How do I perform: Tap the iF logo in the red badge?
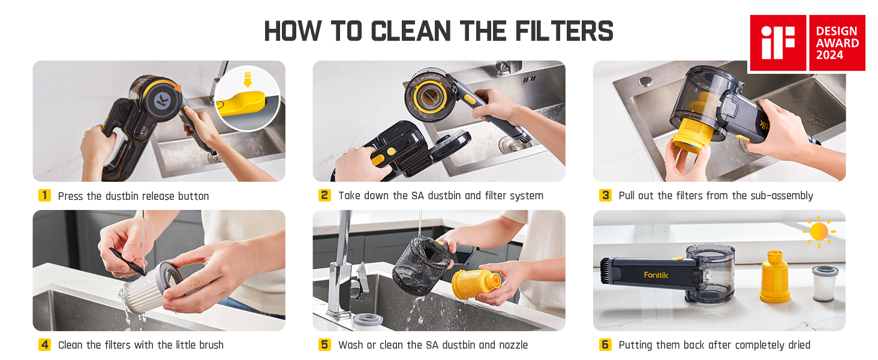pyautogui.click(x=778, y=43)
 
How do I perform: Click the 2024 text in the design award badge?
pyautogui.click(x=829, y=55)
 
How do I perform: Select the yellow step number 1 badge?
pyautogui.click(x=45, y=195)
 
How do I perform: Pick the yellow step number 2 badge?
pyautogui.click(x=324, y=195)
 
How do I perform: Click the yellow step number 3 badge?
pyautogui.click(x=605, y=195)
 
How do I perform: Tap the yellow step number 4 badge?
pyautogui.click(x=45, y=345)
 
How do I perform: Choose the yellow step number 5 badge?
pyautogui.click(x=324, y=345)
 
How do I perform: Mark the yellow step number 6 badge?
pyautogui.click(x=605, y=345)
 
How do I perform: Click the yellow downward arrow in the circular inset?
pyautogui.click(x=247, y=79)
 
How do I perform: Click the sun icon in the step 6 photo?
pyautogui.click(x=819, y=232)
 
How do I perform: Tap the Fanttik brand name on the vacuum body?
pyautogui.click(x=656, y=275)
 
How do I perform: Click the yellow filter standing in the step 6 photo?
pyautogui.click(x=775, y=277)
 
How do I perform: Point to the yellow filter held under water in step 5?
pyautogui.click(x=476, y=283)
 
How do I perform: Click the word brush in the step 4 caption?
pyautogui.click(x=211, y=345)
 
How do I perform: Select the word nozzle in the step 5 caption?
pyautogui.click(x=513, y=345)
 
